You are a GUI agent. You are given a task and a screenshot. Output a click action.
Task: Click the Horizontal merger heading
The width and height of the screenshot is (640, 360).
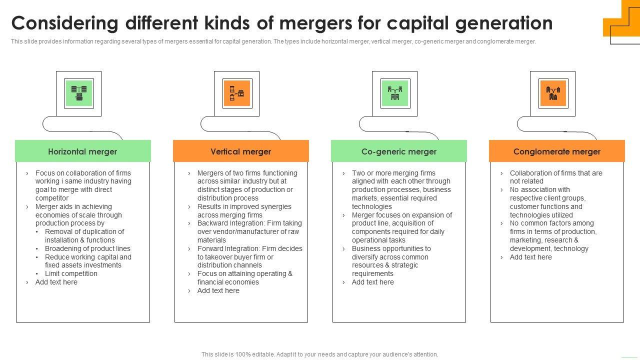82,151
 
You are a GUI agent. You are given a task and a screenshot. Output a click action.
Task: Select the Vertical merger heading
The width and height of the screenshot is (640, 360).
240,151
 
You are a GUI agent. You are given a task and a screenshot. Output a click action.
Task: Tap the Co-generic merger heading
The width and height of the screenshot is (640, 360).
398,151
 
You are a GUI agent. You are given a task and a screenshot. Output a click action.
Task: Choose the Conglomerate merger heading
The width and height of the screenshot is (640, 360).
556,151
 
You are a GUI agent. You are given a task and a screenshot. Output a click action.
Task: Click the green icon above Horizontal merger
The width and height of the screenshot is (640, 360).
79,93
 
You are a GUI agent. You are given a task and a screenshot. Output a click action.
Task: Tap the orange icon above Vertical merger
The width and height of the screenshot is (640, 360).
236,93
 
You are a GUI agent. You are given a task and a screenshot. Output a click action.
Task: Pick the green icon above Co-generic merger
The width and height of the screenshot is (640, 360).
395,93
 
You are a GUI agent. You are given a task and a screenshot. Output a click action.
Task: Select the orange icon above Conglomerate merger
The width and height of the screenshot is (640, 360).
552,93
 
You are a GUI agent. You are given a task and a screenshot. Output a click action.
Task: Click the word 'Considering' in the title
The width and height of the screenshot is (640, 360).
65,23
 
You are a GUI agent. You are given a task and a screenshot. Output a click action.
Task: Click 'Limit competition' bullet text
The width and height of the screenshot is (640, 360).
71,273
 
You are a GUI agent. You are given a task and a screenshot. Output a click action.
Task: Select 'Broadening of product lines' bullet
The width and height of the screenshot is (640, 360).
87,248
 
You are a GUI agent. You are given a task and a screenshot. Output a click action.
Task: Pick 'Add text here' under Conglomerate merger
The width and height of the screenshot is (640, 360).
530,257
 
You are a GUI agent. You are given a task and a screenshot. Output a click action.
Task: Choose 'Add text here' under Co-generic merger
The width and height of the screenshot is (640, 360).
372,282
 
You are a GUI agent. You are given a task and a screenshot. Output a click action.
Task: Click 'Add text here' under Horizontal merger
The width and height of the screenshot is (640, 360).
56,282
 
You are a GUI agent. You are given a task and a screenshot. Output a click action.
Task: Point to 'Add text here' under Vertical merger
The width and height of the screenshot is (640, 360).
218,290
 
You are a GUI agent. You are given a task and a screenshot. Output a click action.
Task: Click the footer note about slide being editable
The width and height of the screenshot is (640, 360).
319,354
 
